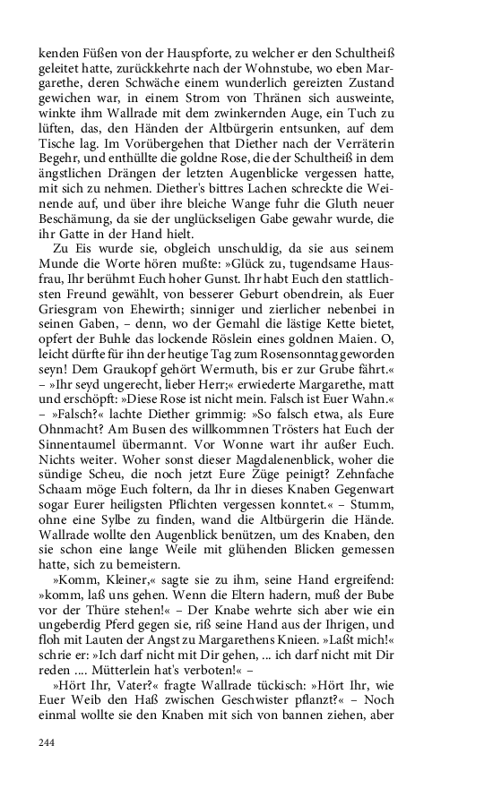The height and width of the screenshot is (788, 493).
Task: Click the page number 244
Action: coord(48,743)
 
